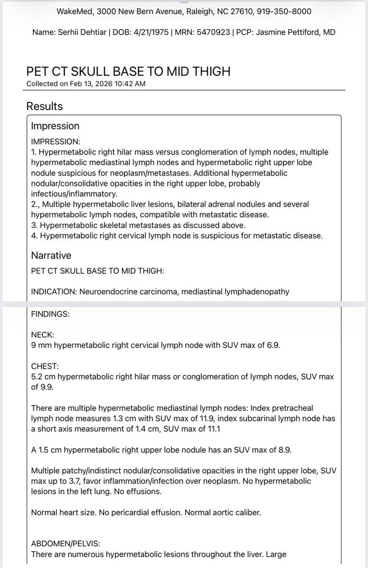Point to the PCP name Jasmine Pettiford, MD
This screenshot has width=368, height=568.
pos(295,32)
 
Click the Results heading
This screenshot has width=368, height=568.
pos(44,106)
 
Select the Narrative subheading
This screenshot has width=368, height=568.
pos(51,256)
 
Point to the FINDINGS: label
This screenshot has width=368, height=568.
pos(50,314)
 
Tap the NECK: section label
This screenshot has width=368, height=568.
pos(43,335)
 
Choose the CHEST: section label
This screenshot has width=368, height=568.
pos(45,366)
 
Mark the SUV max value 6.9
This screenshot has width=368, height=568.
pos(273,345)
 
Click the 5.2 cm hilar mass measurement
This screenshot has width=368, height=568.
pos(43,377)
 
